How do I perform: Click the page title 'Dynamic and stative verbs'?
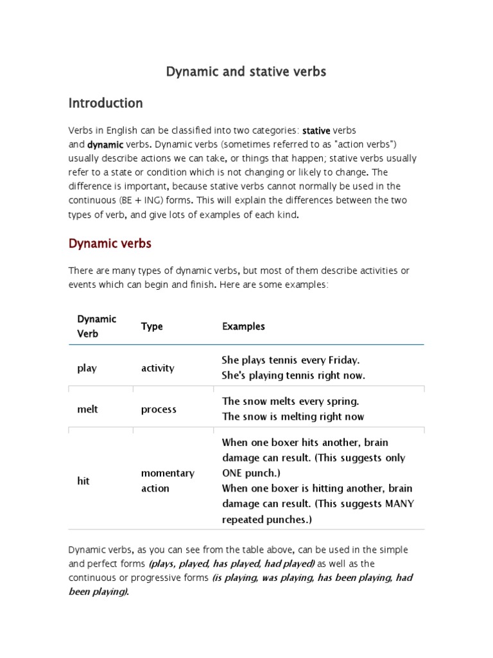click(246, 72)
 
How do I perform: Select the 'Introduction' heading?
click(105, 103)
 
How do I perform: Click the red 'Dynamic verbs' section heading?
click(110, 244)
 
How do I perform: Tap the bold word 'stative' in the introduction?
click(316, 130)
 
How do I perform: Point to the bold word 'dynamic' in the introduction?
click(105, 145)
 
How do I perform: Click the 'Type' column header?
click(152, 326)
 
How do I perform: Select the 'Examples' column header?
click(243, 326)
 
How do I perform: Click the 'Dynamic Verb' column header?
click(97, 326)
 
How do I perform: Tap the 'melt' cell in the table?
click(87, 409)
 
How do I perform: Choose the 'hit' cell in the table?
click(83, 481)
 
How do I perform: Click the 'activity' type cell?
click(157, 368)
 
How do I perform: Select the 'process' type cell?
click(159, 409)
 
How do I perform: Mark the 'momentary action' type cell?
click(168, 481)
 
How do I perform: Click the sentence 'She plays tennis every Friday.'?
click(291, 360)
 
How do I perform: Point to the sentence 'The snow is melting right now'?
click(293, 416)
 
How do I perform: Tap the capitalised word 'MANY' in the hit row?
click(399, 504)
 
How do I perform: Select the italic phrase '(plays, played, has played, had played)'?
click(231, 564)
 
